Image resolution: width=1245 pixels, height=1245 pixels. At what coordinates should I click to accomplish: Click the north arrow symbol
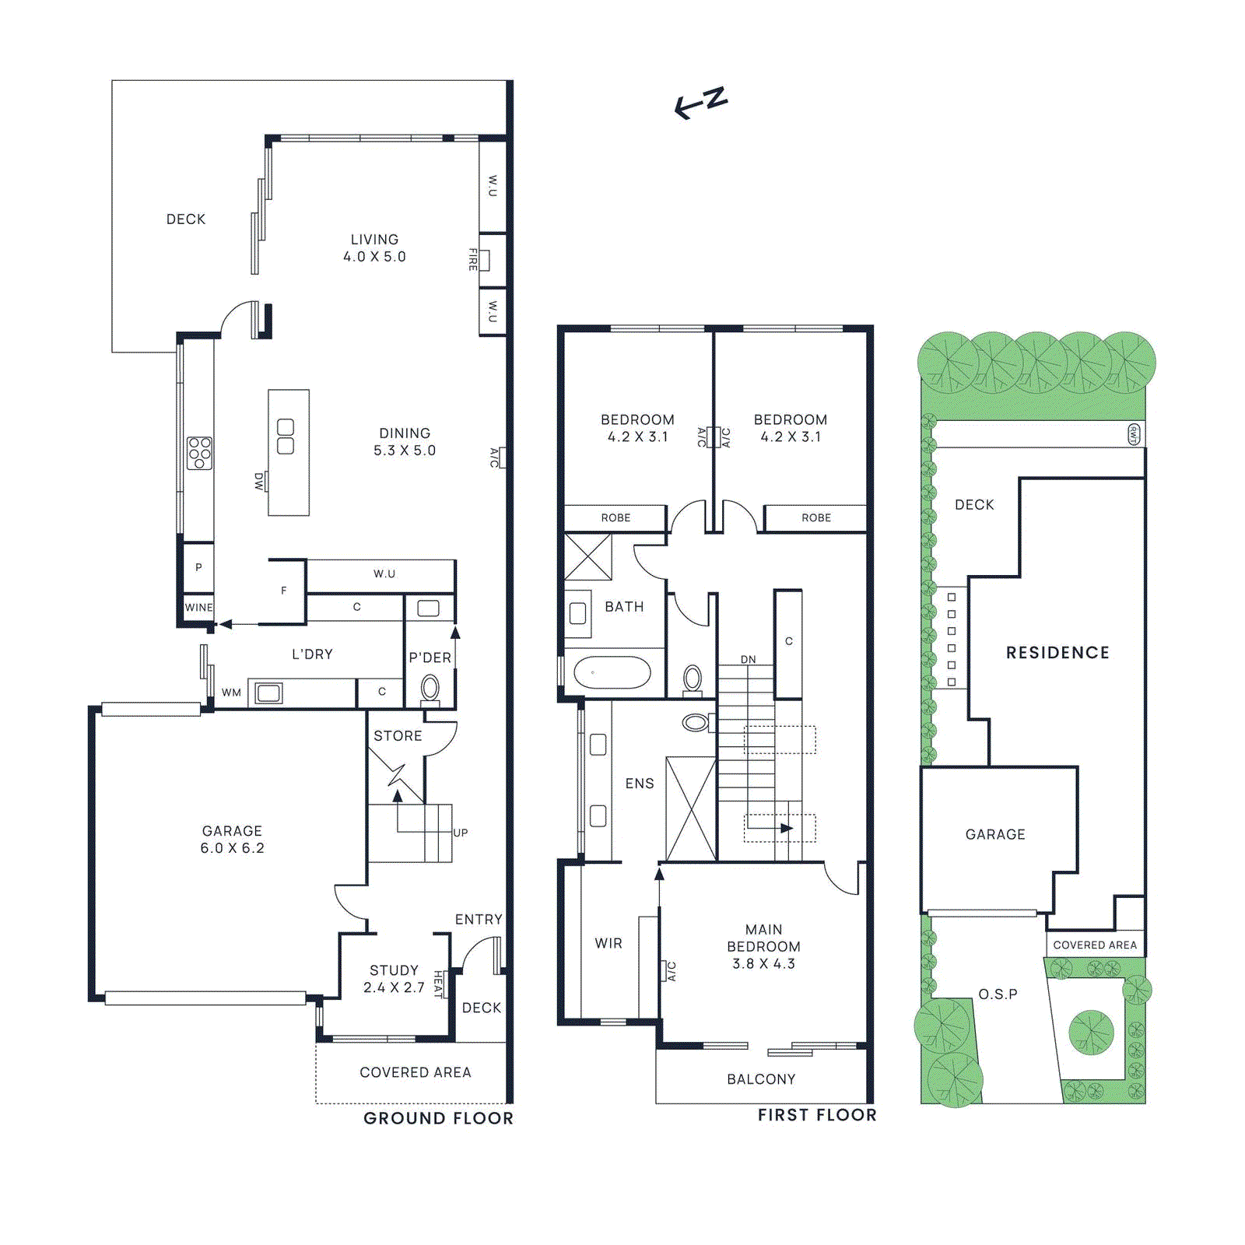click(x=700, y=103)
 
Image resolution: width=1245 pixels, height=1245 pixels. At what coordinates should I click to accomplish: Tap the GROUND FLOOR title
click(x=438, y=1118)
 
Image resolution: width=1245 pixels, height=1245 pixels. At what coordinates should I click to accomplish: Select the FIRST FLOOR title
click(x=817, y=1115)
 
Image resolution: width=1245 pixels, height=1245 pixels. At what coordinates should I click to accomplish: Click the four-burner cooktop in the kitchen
click(x=199, y=453)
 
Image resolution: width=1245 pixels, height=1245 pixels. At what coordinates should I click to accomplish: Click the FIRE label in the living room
click(x=472, y=259)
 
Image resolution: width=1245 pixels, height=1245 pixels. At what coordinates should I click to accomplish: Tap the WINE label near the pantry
click(x=198, y=608)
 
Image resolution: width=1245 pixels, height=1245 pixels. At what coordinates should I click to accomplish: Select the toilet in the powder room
click(x=430, y=689)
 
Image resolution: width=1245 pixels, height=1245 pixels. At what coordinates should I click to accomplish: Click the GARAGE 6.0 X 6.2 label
click(x=232, y=840)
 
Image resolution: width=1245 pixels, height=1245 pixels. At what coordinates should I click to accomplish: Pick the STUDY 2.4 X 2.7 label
click(x=394, y=979)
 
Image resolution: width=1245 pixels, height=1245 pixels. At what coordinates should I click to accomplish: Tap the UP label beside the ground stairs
click(x=461, y=833)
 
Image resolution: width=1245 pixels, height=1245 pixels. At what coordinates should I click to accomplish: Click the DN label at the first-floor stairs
click(x=748, y=659)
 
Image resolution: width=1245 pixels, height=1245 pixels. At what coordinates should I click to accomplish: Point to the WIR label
click(x=608, y=943)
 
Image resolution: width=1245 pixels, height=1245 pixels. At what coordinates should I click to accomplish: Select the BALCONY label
click(x=761, y=1079)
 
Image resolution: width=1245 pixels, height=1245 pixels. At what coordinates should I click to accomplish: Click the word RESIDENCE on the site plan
click(x=1057, y=653)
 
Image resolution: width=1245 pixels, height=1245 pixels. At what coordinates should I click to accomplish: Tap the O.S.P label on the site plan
click(x=998, y=994)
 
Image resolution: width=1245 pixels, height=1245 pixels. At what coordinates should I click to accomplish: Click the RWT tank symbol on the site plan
click(x=1134, y=434)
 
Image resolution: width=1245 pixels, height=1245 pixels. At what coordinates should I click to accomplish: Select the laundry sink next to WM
click(x=269, y=693)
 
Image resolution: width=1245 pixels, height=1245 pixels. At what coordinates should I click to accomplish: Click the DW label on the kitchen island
click(x=259, y=482)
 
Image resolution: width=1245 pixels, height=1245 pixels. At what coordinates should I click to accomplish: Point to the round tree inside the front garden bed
click(x=1091, y=1033)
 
